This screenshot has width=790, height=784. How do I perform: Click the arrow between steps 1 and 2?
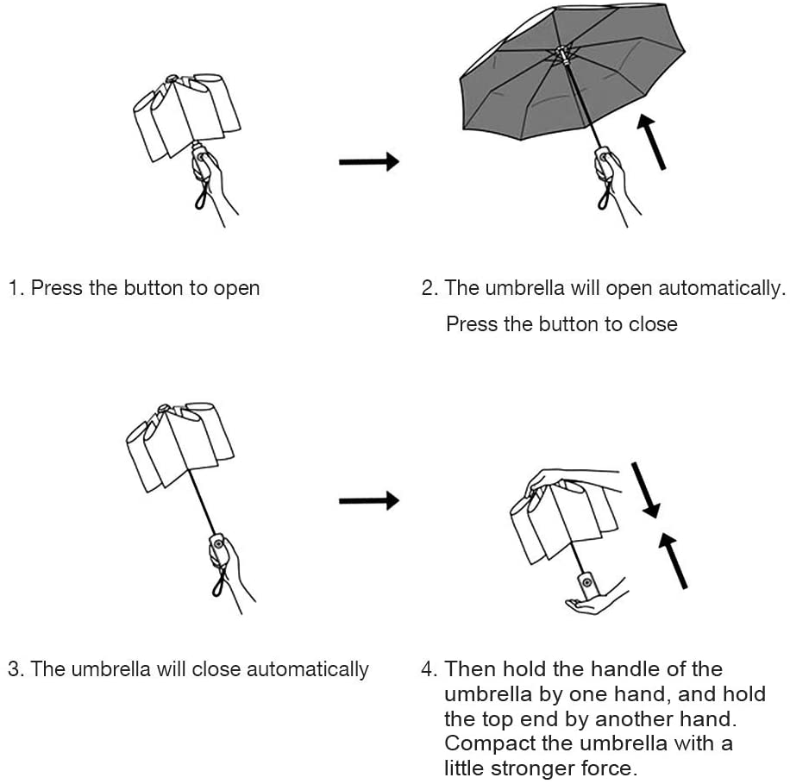point(368,161)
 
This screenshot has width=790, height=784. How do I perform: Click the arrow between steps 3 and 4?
point(368,500)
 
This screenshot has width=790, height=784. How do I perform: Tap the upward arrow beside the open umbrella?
point(652,143)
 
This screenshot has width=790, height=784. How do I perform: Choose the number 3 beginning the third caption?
point(14,669)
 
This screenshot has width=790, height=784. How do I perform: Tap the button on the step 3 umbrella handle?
point(218,544)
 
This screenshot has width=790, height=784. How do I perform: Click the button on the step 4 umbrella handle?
point(587,583)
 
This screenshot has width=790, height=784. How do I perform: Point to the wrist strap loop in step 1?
point(200,198)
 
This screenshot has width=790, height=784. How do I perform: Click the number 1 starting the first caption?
point(13,288)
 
